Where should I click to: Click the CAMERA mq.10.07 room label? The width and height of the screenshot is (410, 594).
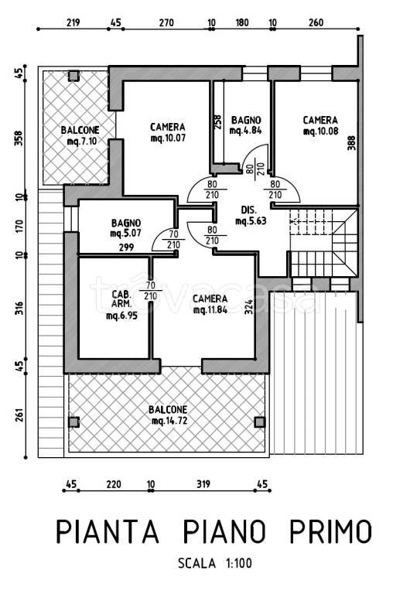168,132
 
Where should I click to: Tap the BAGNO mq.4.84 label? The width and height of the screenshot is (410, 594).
246,125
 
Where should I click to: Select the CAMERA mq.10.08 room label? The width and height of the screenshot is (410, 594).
320,126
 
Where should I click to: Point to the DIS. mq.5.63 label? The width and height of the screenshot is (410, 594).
251,216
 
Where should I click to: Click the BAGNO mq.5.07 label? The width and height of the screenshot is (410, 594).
126,228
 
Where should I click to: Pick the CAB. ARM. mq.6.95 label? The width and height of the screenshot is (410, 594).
121,305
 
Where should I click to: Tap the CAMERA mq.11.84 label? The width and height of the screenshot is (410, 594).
210,304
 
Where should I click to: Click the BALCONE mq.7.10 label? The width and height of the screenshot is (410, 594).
80,135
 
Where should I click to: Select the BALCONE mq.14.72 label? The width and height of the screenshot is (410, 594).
168,415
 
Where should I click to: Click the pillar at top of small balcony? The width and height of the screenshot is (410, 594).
73,75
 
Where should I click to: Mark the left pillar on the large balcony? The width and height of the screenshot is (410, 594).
73,422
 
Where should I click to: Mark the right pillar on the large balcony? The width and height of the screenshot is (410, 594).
260,422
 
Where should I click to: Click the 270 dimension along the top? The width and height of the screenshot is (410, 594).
166,22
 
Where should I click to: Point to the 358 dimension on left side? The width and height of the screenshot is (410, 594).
19,138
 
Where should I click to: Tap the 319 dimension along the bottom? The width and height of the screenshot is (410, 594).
203,483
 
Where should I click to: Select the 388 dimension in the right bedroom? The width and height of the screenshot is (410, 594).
352,143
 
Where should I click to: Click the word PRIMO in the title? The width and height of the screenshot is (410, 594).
330,531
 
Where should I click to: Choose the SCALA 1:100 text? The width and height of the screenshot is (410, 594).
215,563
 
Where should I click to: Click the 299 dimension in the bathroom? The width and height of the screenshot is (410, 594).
126,247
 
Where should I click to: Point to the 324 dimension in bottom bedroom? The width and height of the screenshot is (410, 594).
248,307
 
